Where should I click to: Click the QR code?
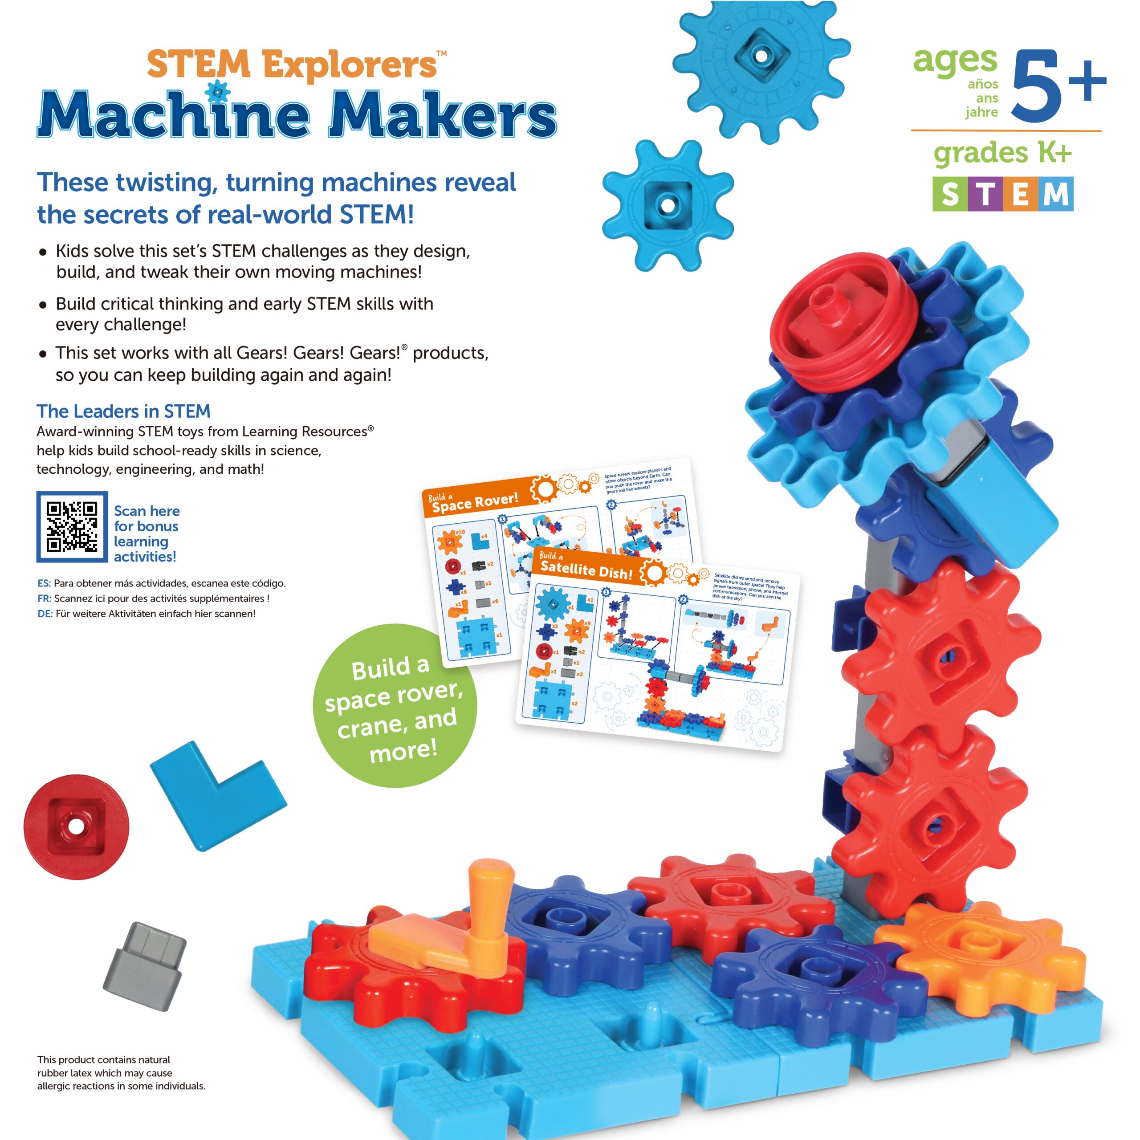pos(72,526)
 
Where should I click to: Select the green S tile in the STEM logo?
pos(950,194)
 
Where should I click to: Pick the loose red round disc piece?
pos(76,826)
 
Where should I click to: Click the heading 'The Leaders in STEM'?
pos(123,411)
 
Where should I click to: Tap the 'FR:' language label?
pos(44,598)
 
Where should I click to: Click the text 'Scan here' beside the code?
pos(147,511)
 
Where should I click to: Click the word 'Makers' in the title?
pos(441,115)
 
